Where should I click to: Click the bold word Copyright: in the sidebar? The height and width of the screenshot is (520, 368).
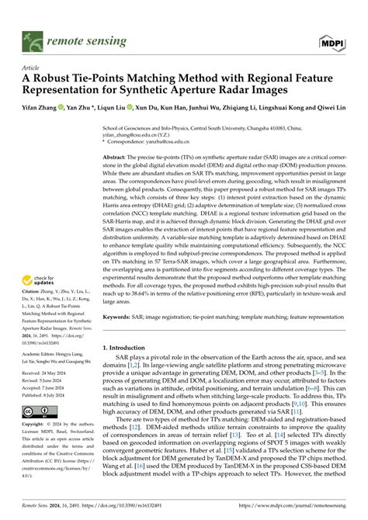pyautogui.click(x=36, y=469)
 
